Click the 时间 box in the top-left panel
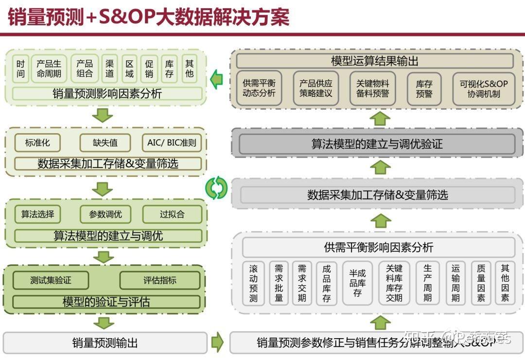[20, 69]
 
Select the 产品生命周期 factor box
[49, 69]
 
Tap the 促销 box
[149, 69]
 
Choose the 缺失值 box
[105, 143]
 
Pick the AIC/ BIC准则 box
[172, 143]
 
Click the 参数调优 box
[105, 214]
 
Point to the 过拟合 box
[172, 214]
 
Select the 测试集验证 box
[51, 280]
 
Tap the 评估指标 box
[159, 280]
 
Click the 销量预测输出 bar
[105, 343]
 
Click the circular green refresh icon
[216, 188]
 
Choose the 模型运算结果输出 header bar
[374, 61]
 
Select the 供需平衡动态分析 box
[259, 88]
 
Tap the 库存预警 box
[424, 88]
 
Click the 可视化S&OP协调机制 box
[483, 88]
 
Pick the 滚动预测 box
[253, 283]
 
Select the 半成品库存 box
[357, 283]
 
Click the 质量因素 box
[481, 283]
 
